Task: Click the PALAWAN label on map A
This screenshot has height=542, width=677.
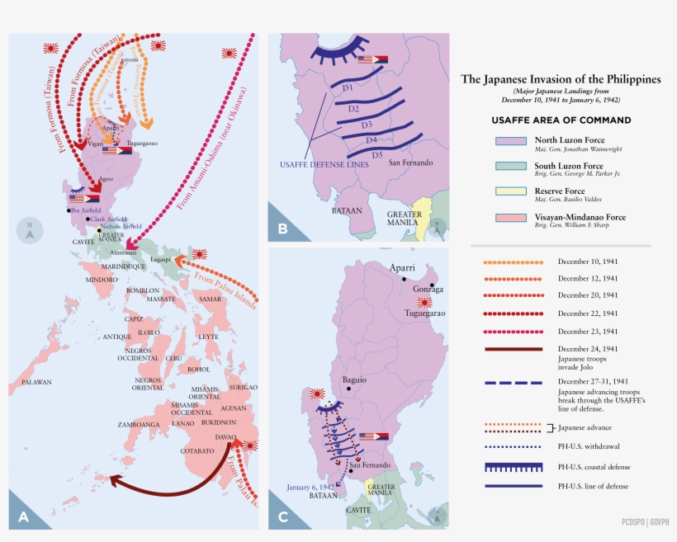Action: (x=36, y=382)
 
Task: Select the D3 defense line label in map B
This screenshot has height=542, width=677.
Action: (x=367, y=125)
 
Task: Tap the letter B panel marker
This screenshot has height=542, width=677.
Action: (x=282, y=229)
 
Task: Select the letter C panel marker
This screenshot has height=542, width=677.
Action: (x=282, y=516)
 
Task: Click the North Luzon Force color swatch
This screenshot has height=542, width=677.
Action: (x=510, y=141)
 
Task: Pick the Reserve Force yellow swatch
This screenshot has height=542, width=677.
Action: (x=510, y=192)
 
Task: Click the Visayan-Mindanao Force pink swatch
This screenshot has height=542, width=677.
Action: (x=510, y=218)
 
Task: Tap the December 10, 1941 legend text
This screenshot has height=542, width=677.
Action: (x=588, y=262)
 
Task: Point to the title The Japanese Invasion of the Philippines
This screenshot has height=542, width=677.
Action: (x=561, y=80)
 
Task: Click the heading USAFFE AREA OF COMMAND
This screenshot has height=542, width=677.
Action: (x=561, y=120)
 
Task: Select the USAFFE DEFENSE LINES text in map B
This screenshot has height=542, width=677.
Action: (x=314, y=164)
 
